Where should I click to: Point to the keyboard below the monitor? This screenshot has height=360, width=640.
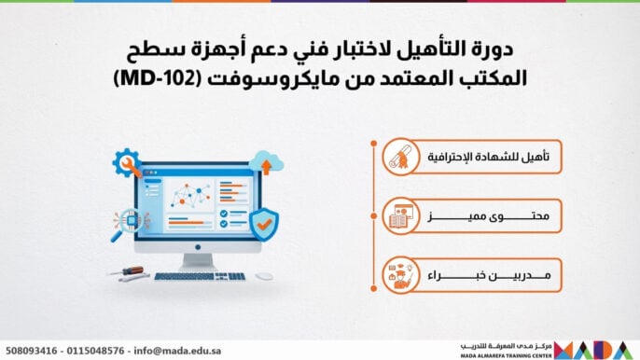(201, 276)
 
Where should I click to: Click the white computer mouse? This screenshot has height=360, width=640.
(265, 276)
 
